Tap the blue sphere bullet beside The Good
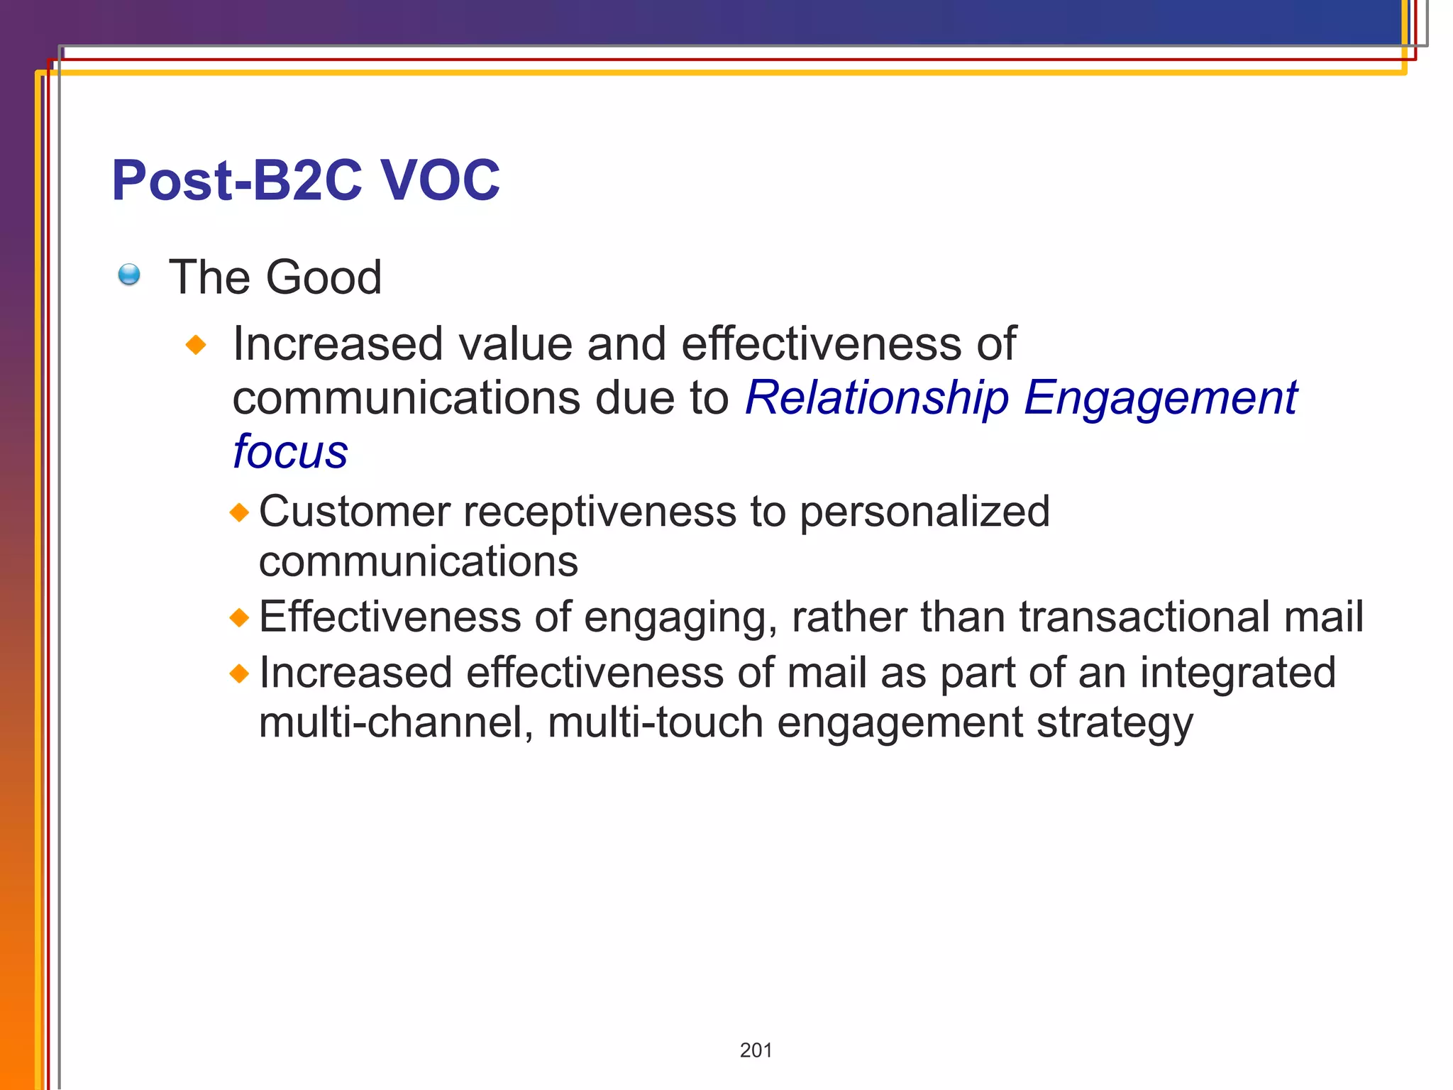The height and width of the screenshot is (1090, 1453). pos(129,275)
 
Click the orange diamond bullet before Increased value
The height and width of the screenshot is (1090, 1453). pos(196,346)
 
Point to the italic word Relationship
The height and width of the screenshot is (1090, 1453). pos(877,397)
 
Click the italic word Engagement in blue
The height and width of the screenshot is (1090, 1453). pos(1161,397)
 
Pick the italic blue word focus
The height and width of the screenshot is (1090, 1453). pos(290,451)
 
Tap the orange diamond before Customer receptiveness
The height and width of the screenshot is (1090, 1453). pos(240,512)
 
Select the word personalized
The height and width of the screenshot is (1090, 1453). pos(924,512)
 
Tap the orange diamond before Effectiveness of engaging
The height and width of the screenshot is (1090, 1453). pos(240,617)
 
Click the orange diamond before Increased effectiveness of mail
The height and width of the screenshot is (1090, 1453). pos(240,673)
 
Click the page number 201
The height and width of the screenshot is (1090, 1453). pos(756,1050)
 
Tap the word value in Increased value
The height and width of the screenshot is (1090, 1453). pos(516,344)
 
